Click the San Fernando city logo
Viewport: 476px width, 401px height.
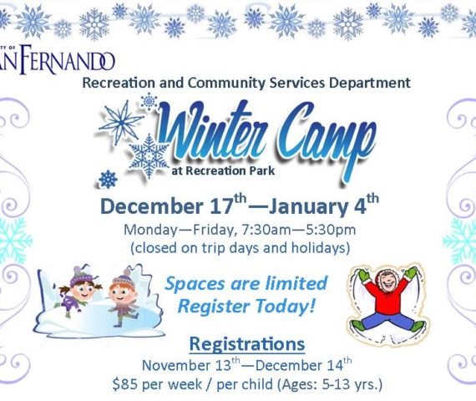pos(57,59)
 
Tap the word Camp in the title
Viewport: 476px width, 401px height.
pos(326,140)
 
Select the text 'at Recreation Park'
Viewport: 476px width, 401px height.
pos(223,170)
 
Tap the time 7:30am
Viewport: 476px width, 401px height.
pos(266,230)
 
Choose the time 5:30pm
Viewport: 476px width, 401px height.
pos(331,231)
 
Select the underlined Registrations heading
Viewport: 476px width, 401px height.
pos(247,344)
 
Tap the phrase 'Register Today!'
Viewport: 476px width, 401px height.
pos(246,306)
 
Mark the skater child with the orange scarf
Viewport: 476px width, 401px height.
pos(124,297)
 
